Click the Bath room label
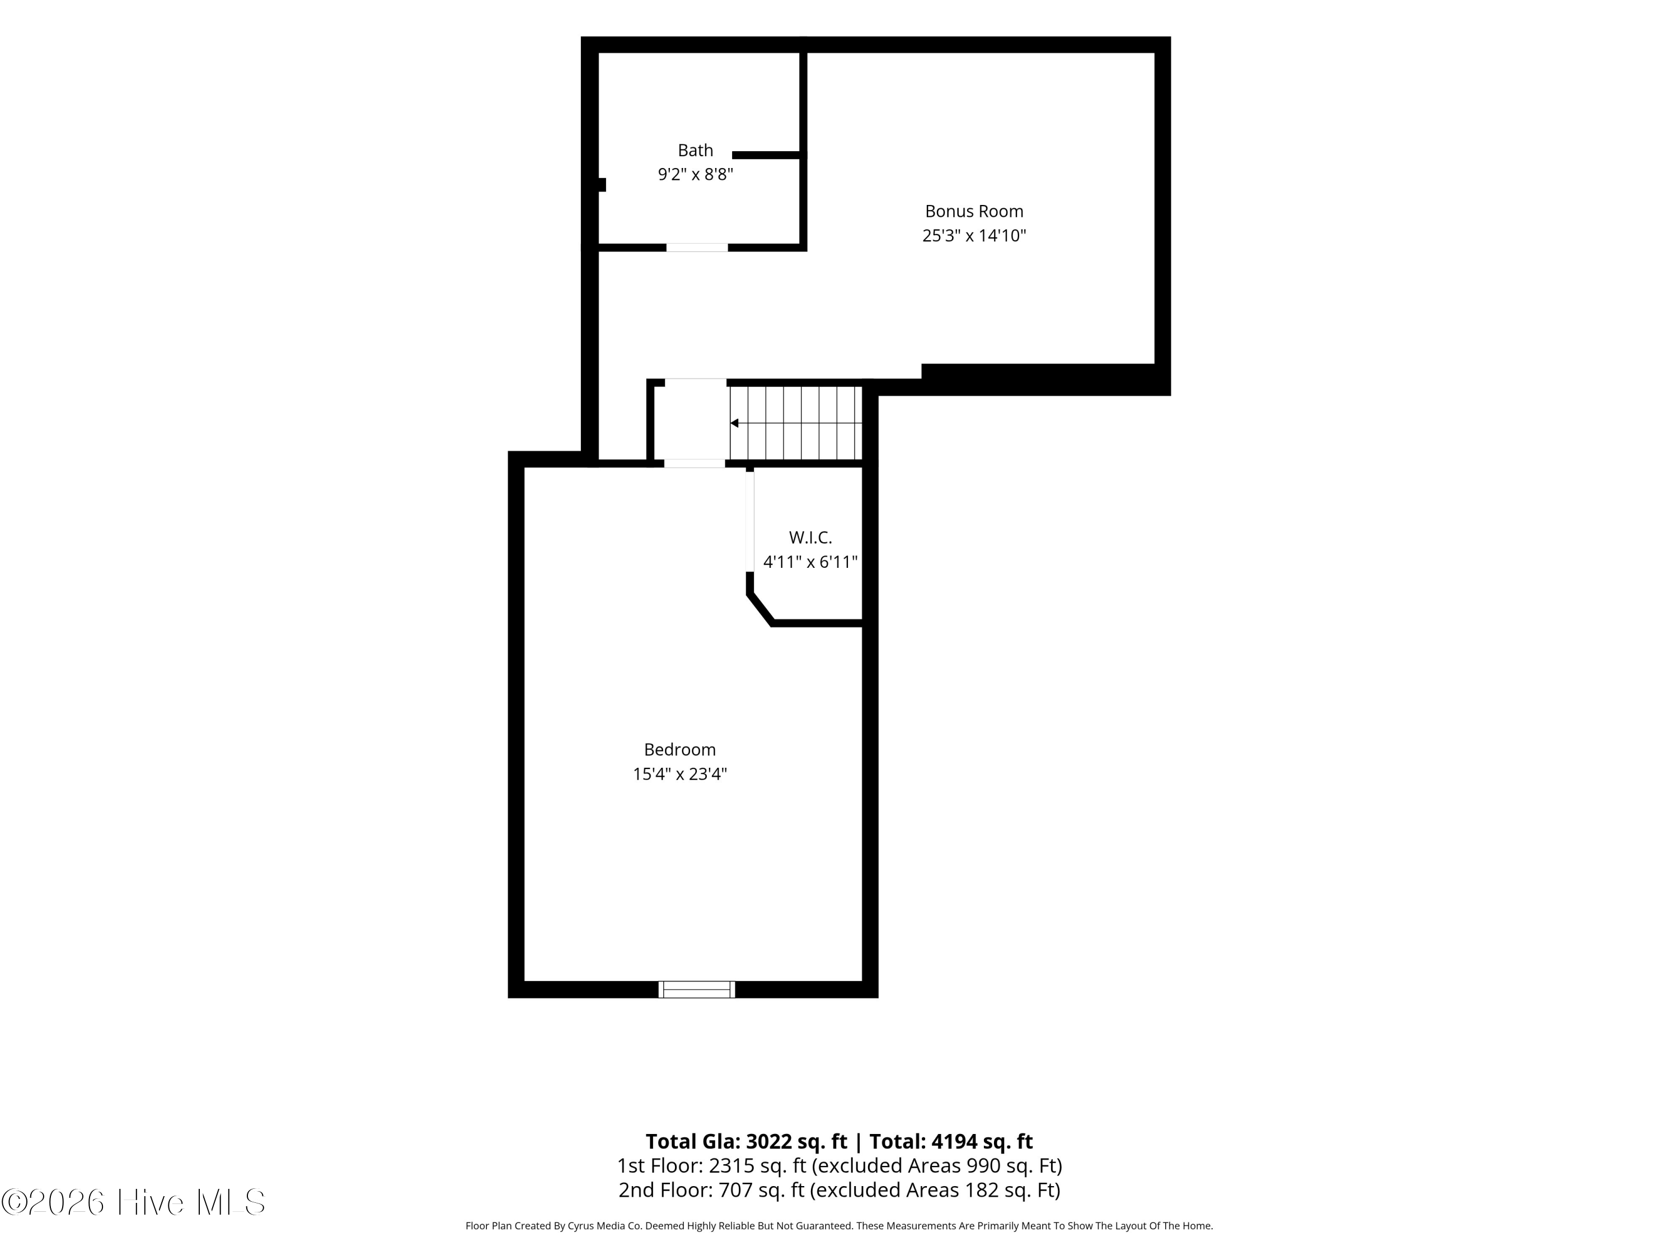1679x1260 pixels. click(x=695, y=151)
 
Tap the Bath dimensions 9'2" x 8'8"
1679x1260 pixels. click(x=695, y=175)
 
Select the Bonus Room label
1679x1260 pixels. click(x=974, y=211)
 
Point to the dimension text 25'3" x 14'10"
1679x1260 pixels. click(x=974, y=235)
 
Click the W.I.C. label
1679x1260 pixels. click(x=810, y=538)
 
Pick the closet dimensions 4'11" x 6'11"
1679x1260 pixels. click(x=810, y=562)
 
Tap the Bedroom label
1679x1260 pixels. click(x=680, y=750)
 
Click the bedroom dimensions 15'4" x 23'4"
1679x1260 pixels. click(x=680, y=774)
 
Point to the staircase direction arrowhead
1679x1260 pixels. click(x=734, y=423)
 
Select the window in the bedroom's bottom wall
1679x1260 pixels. click(x=697, y=989)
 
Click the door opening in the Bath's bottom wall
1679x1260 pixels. click(x=697, y=248)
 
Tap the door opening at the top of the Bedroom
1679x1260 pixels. click(x=695, y=463)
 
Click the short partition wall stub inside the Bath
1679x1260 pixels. click(x=767, y=155)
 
